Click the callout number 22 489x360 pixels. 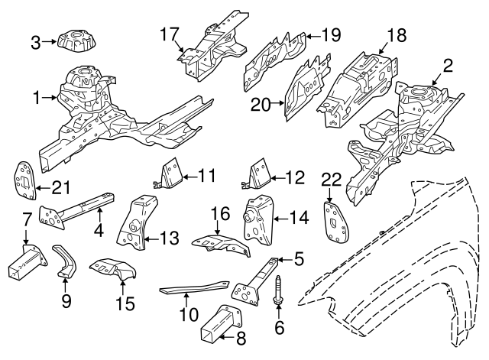click(x=331, y=179)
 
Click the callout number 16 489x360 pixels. click(x=219, y=214)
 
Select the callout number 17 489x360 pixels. click(x=169, y=33)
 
